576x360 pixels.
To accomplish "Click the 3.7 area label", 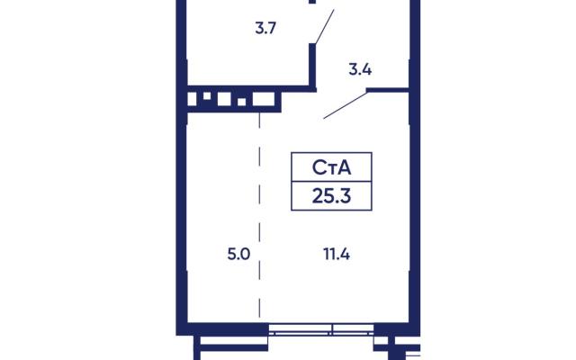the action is [x=265, y=28].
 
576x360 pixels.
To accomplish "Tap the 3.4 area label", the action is [x=360, y=69].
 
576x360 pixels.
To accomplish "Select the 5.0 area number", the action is [x=238, y=254].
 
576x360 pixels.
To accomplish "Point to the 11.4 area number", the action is [x=337, y=254].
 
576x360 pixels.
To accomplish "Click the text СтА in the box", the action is [x=331, y=167].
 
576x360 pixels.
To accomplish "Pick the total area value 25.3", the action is [x=331, y=196].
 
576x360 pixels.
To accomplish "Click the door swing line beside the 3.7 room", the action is [x=324, y=26].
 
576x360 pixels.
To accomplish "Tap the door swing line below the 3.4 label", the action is [x=346, y=105].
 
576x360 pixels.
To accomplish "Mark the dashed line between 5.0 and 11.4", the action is [x=260, y=215].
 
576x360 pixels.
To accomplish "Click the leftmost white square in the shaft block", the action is [x=192, y=99].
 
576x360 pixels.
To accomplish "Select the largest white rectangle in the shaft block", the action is [x=264, y=99].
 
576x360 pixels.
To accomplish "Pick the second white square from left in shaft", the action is [x=207, y=96].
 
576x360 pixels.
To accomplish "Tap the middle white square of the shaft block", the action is [x=224, y=99].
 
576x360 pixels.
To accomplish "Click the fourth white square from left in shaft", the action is [x=242, y=102].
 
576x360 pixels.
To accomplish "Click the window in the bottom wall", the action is [x=321, y=329].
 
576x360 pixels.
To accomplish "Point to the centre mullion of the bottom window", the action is [x=332, y=329].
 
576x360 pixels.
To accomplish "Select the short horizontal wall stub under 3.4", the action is [x=388, y=90].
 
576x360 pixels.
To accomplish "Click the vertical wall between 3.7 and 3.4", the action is [x=312, y=66].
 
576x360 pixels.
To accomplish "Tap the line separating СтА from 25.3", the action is [x=331, y=181].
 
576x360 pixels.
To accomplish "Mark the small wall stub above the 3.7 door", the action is [x=312, y=2].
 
